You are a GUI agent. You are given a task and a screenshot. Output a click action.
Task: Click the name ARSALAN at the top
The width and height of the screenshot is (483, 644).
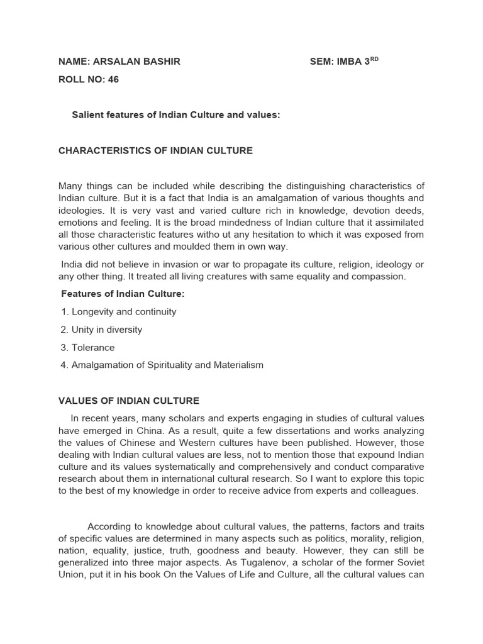click(x=115, y=61)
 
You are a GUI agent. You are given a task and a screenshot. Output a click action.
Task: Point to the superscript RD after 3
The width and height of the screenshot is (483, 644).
click(x=374, y=59)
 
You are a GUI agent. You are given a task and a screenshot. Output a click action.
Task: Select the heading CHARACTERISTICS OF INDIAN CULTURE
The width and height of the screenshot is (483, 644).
click(x=155, y=151)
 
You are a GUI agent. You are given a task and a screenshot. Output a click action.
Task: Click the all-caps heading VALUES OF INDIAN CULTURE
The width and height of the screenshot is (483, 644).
click(x=128, y=401)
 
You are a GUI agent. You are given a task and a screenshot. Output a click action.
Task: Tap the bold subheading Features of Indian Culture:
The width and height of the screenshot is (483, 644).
click(x=123, y=294)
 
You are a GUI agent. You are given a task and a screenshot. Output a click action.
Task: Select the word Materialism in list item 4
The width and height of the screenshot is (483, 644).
click(x=238, y=365)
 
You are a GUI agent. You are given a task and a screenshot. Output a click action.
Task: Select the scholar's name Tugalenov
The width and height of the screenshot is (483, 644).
click(x=269, y=562)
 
